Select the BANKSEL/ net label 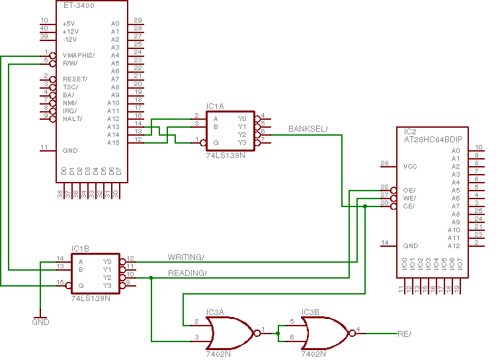[x=308, y=128]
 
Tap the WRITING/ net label [x=186, y=257]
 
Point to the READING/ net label [x=187, y=273]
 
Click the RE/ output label [x=404, y=334]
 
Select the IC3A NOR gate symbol [x=229, y=332]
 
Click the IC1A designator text [x=215, y=106]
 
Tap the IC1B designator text [x=80, y=249]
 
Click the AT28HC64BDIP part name [x=434, y=140]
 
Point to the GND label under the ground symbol [x=40, y=322]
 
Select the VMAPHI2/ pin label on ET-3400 [x=79, y=56]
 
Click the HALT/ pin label [x=72, y=119]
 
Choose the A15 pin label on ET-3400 [x=113, y=143]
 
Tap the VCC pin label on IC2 [x=410, y=166]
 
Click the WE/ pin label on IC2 [x=409, y=198]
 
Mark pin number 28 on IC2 [x=384, y=163]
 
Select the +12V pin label [x=70, y=32]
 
